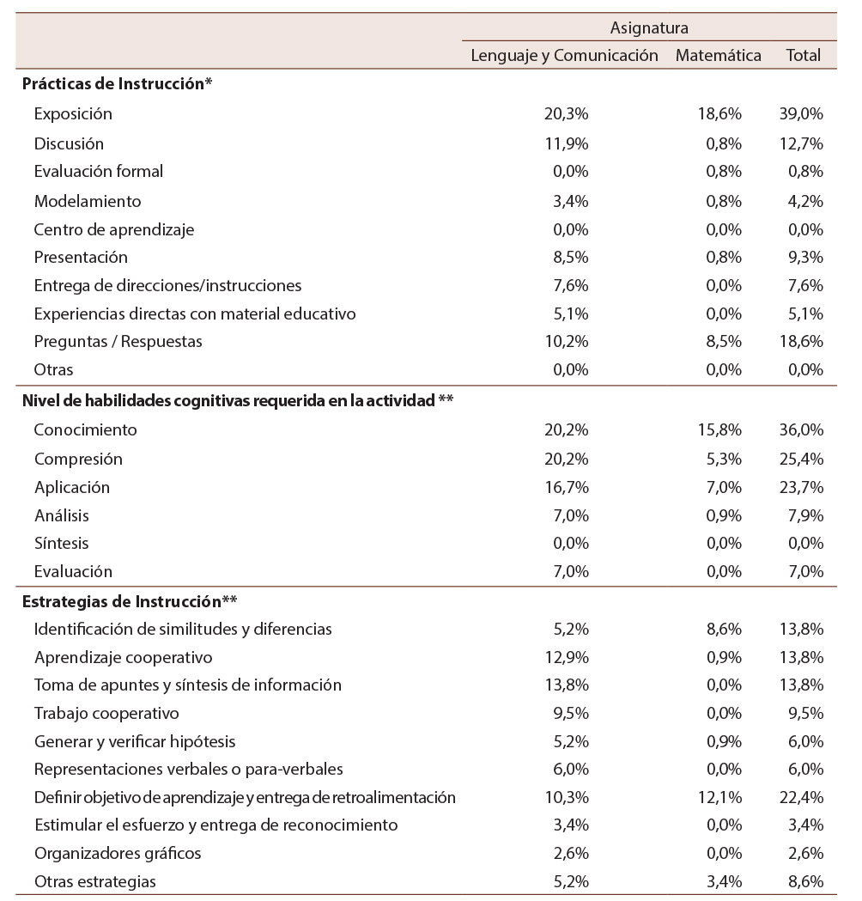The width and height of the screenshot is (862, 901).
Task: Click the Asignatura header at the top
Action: [649, 28]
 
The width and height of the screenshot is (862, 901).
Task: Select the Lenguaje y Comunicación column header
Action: [564, 56]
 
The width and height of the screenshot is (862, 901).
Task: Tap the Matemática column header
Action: [719, 56]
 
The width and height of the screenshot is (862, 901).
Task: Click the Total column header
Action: [804, 56]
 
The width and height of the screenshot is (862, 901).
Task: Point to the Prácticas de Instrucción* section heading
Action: [117, 84]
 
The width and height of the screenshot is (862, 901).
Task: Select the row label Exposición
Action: [73, 113]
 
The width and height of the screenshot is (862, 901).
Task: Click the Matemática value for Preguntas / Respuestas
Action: [722, 341]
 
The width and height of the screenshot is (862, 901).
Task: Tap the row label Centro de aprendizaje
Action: [114, 229]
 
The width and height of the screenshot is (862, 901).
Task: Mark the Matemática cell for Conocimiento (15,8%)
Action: [719, 429]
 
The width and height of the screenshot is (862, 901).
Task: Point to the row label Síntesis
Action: [61, 543]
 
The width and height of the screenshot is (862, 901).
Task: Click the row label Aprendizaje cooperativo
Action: [124, 657]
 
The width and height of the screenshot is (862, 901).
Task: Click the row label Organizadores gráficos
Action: [118, 853]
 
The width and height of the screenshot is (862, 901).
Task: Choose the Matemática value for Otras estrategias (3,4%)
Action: [722, 880]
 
